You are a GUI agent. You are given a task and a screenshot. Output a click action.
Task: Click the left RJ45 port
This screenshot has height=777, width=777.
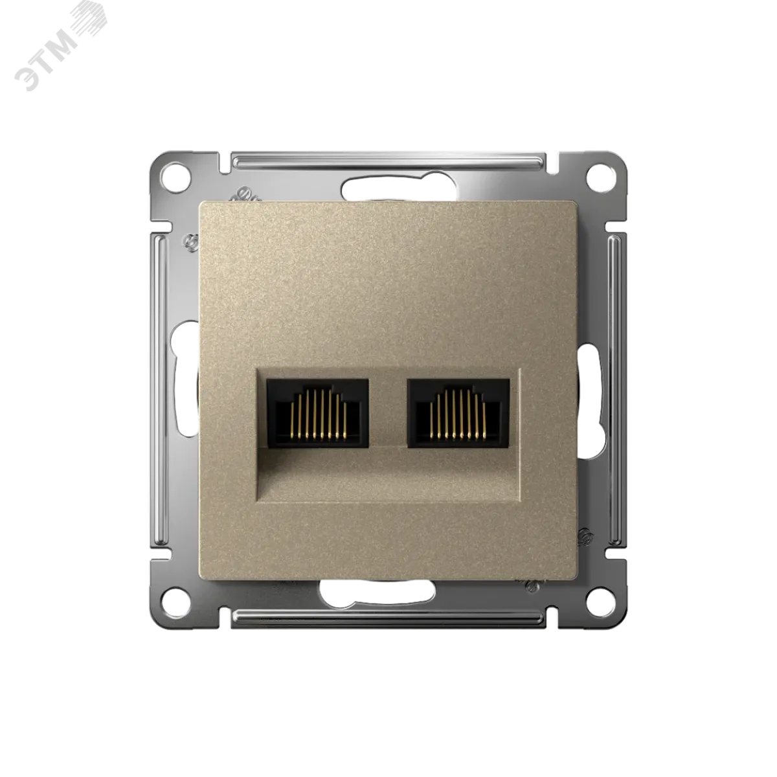tap(317, 412)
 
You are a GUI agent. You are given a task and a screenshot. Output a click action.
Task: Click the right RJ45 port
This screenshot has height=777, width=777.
tap(458, 412)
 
